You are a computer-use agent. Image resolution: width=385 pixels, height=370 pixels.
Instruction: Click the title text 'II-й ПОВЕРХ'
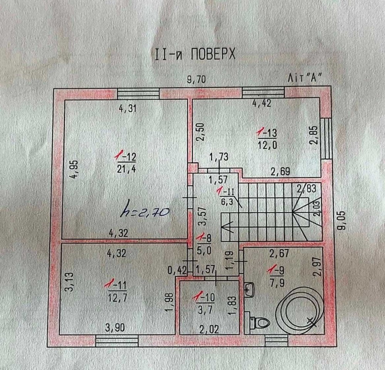195,54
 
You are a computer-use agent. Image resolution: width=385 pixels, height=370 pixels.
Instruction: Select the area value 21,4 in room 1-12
126,169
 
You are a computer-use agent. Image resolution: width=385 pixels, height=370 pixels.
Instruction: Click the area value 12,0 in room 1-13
268,145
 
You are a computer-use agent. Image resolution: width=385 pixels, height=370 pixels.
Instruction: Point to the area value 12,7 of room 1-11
117,298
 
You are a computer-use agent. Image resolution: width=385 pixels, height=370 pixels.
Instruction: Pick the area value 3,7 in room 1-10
205,310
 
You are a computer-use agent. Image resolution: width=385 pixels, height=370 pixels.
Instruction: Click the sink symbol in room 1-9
249,290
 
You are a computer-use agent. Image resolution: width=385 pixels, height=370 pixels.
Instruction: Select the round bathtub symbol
299,311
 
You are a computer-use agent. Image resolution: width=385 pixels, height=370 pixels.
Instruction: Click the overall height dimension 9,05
341,220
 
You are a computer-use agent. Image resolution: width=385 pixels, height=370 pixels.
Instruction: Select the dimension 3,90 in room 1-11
115,328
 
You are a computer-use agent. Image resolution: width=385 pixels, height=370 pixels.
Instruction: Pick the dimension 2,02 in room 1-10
209,329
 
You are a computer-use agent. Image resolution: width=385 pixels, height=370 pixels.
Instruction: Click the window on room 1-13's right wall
326,139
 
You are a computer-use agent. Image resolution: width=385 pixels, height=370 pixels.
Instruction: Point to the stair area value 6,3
227,202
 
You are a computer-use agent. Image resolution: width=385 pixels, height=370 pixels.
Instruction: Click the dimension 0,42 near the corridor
177,271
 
